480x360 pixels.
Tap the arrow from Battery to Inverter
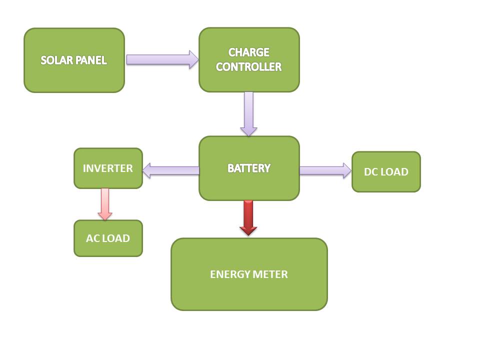tap(171, 170)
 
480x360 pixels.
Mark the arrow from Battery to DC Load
tap(325, 170)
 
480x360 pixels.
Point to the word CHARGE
tap(249, 52)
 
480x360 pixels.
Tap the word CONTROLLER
tap(249, 67)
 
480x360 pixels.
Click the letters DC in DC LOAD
tap(370, 172)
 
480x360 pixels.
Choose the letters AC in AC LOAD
tap(92, 238)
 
